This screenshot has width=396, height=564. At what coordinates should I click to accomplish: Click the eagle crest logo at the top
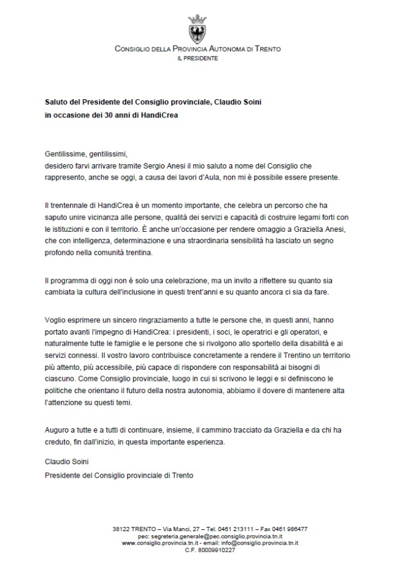pos(197,29)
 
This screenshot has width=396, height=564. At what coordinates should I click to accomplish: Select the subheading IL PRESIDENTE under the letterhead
pos(197,58)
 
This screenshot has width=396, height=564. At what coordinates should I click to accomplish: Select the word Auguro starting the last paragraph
pos(57,430)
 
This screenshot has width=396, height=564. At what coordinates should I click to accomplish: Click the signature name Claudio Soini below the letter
pos(66,462)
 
